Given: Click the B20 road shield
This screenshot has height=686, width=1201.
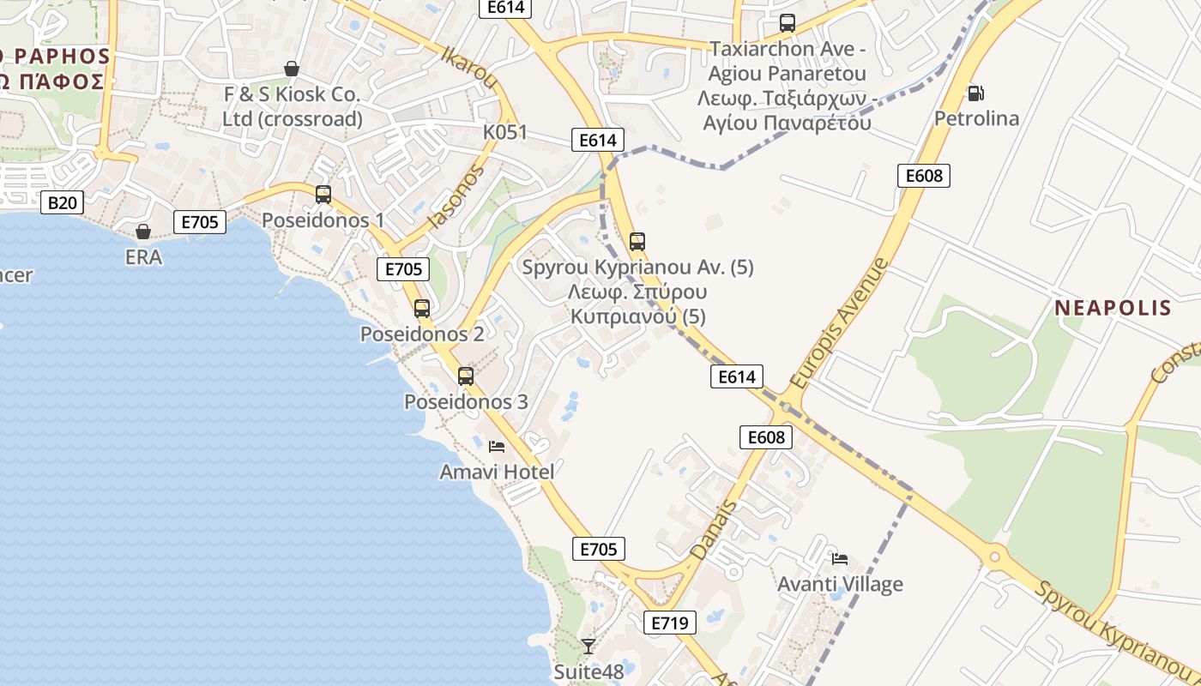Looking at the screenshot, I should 63,202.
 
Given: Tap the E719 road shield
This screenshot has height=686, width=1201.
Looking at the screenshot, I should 669,623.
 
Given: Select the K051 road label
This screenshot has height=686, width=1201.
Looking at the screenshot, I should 504,133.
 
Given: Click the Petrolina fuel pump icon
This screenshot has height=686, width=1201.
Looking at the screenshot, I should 975,93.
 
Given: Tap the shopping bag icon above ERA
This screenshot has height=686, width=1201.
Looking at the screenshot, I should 143,232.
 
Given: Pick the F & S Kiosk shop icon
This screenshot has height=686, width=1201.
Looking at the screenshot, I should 292,69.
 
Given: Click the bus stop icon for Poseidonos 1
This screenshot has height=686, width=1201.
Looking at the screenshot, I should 323,195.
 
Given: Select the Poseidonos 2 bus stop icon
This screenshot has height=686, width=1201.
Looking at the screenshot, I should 421,309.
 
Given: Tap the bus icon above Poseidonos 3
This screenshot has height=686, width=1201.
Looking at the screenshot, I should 466,376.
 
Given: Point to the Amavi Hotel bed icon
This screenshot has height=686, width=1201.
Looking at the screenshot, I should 496,446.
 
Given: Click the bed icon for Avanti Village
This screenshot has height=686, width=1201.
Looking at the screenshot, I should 840,559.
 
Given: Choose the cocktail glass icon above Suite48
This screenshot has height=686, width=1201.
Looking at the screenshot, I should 588,646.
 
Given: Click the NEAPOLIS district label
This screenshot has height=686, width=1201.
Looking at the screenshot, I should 1113,308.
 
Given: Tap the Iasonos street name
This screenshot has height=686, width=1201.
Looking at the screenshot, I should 456,196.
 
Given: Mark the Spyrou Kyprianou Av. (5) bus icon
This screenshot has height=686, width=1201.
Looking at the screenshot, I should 637,242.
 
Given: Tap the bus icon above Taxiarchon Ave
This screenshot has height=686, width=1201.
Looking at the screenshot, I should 787,23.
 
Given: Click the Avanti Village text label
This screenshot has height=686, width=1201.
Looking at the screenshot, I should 840,585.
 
